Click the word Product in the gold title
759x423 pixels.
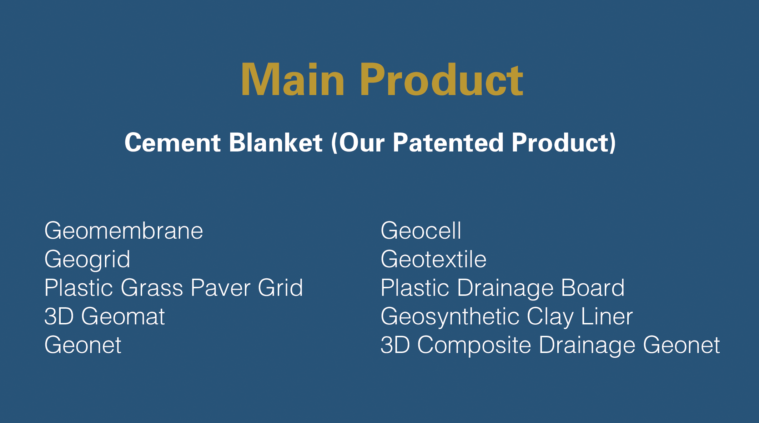coord(442,80)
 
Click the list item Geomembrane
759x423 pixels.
coord(124,231)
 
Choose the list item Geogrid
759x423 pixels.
coord(87,260)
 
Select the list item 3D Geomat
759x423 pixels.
coord(104,317)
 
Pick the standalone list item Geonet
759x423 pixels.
coord(83,345)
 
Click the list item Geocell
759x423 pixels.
coord(421,231)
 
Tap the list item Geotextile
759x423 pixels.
coord(433,259)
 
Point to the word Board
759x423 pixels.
coord(593,288)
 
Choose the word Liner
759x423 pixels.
coord(607,317)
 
